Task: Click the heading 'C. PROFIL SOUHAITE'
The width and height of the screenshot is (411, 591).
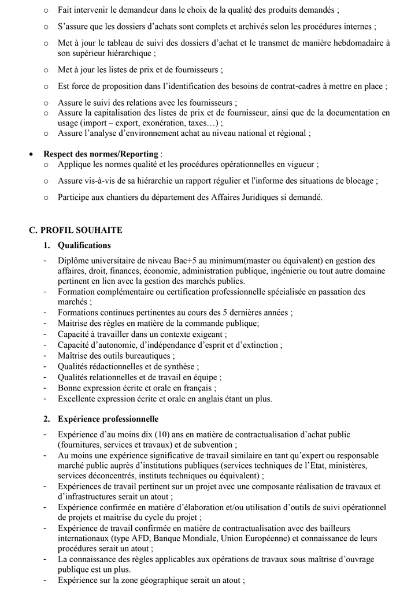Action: (76, 230)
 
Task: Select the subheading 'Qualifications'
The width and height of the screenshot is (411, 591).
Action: (84, 245)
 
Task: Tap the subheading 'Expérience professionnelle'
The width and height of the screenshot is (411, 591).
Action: (108, 418)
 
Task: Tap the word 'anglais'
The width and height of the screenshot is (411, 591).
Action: (213, 399)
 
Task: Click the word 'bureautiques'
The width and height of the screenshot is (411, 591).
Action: (146, 355)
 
